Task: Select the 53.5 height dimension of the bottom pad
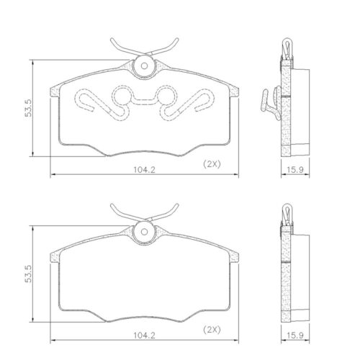[28, 275]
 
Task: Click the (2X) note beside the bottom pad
[212, 330]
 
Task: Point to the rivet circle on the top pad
[143, 66]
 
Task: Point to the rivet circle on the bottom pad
[143, 232]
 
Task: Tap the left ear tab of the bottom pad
[55, 257]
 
